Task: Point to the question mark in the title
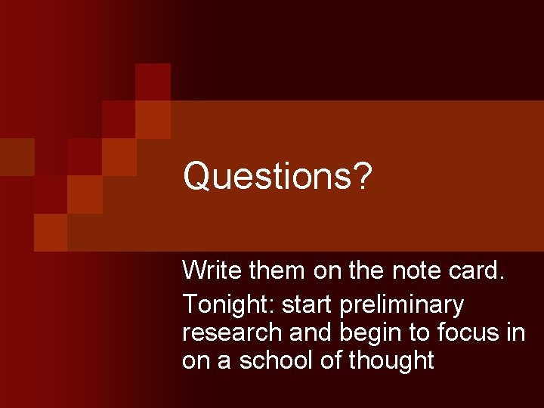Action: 363,176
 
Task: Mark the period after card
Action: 500,277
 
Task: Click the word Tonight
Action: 227,304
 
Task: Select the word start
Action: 308,304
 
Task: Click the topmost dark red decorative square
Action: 153,82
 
